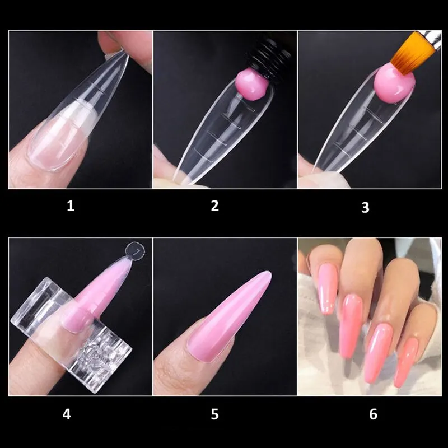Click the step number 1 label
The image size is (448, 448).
click(x=71, y=206)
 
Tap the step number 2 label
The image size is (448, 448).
click(x=215, y=206)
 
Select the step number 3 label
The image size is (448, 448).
click(x=365, y=207)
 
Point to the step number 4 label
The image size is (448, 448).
click(x=67, y=414)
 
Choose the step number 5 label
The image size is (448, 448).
click(x=215, y=414)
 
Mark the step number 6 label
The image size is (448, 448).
click(x=373, y=414)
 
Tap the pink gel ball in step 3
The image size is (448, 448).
click(x=394, y=83)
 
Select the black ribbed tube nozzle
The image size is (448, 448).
click(x=269, y=60)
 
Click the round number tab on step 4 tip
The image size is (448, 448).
click(x=135, y=251)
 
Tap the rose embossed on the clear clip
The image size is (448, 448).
click(x=97, y=354)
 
